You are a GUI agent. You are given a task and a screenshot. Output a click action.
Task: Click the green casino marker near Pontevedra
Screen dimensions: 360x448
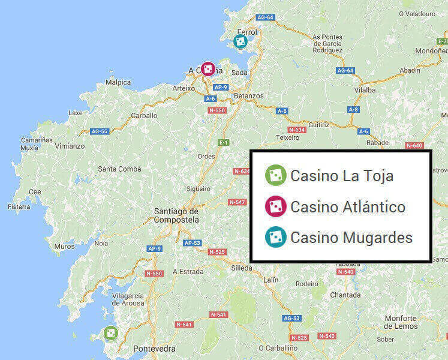click(111, 332)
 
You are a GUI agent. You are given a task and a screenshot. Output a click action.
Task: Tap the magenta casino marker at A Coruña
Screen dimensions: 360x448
click(208, 70)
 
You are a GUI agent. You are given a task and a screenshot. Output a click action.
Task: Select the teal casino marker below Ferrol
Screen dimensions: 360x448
click(240, 41)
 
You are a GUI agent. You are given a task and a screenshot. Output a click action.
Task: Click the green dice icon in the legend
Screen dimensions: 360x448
click(275, 175)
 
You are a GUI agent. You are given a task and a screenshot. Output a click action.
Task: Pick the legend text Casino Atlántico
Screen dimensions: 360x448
click(348, 207)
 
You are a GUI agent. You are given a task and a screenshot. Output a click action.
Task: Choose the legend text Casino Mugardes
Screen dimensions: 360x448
click(351, 238)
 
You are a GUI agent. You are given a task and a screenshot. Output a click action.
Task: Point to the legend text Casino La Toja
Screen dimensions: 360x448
click(342, 176)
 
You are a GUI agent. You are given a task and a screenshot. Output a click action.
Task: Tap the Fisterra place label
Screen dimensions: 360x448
click(19, 206)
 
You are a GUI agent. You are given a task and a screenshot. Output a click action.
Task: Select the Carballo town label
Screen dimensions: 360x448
click(144, 115)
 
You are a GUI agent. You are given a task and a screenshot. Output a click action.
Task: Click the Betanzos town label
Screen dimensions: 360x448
click(248, 96)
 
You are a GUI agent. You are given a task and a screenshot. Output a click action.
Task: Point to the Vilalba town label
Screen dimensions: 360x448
click(365, 90)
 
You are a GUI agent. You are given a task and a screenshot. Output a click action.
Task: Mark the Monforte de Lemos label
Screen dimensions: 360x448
click(418, 322)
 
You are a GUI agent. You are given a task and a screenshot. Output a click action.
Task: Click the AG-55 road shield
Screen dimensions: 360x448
click(99, 131)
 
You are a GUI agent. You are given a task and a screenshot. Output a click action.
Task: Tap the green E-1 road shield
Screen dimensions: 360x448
click(223, 142)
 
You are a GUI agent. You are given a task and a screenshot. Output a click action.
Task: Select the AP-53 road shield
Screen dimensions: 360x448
click(192, 243)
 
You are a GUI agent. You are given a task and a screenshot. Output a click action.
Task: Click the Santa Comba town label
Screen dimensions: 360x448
click(120, 169)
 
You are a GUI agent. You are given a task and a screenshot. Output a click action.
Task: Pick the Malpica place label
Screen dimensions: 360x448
click(118, 82)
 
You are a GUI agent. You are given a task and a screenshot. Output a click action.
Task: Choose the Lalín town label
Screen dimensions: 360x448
click(272, 280)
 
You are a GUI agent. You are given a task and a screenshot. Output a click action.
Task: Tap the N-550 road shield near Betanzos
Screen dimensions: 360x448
click(217, 110)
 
